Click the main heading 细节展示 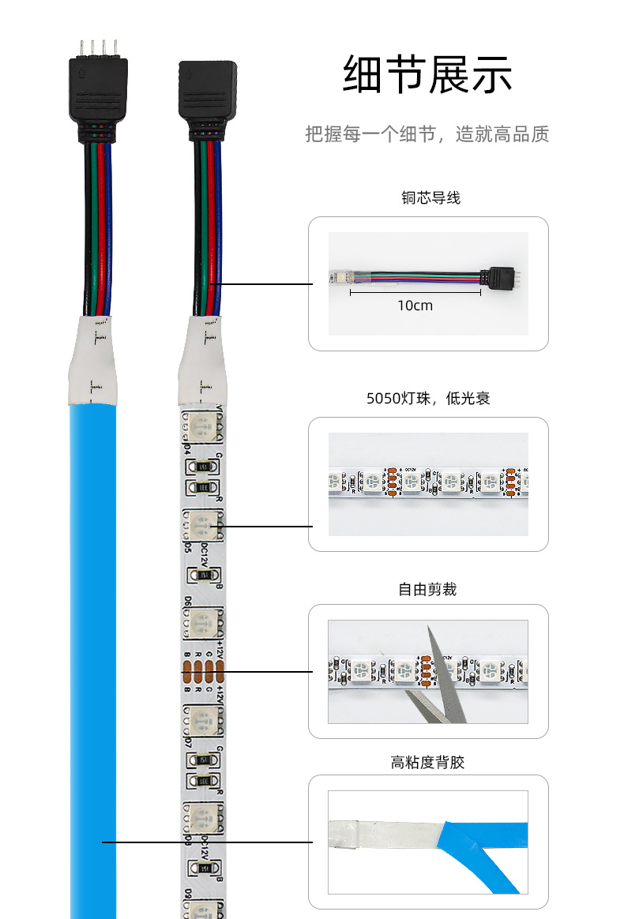[427, 76]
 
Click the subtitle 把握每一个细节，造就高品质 [427, 134]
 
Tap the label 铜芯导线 [430, 199]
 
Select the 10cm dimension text [415, 306]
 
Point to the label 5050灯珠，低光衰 [428, 399]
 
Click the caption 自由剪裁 [427, 590]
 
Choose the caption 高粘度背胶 [427, 763]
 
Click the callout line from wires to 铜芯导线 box [265, 284]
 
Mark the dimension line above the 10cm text [415, 292]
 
